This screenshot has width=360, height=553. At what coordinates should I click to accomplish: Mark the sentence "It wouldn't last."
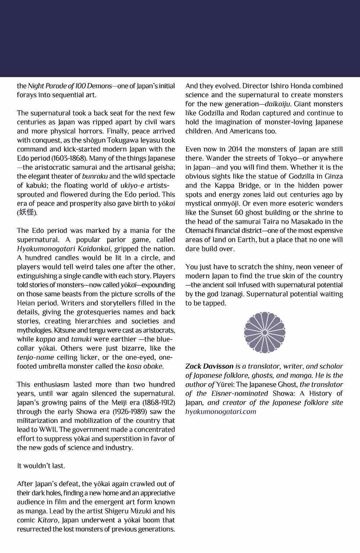tap(41, 466)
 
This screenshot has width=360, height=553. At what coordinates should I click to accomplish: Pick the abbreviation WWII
tap(42, 430)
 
